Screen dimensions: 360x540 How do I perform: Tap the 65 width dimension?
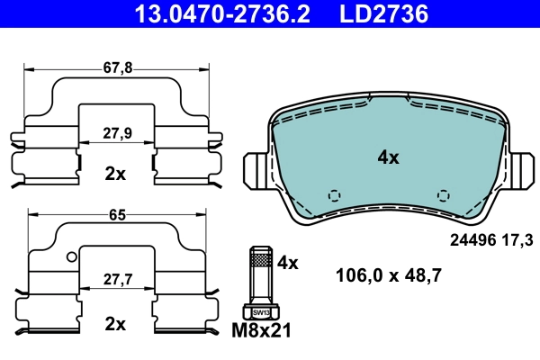pyautogui.click(x=116, y=216)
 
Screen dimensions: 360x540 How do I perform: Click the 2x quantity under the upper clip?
pyautogui.click(x=115, y=174)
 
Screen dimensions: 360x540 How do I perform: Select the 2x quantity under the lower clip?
pyautogui.click(x=115, y=321)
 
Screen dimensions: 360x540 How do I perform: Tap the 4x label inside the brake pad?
pyautogui.click(x=388, y=157)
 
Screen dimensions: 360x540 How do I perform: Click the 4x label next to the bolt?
pyautogui.click(x=287, y=263)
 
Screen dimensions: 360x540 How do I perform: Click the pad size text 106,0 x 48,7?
pyautogui.click(x=387, y=276)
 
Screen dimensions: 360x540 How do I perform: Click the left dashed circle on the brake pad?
pyautogui.click(x=334, y=195)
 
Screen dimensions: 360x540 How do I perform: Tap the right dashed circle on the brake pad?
pyautogui.click(x=442, y=195)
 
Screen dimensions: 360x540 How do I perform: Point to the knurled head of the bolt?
pyautogui.click(x=260, y=262)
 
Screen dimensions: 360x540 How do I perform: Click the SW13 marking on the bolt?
pyautogui.click(x=260, y=313)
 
